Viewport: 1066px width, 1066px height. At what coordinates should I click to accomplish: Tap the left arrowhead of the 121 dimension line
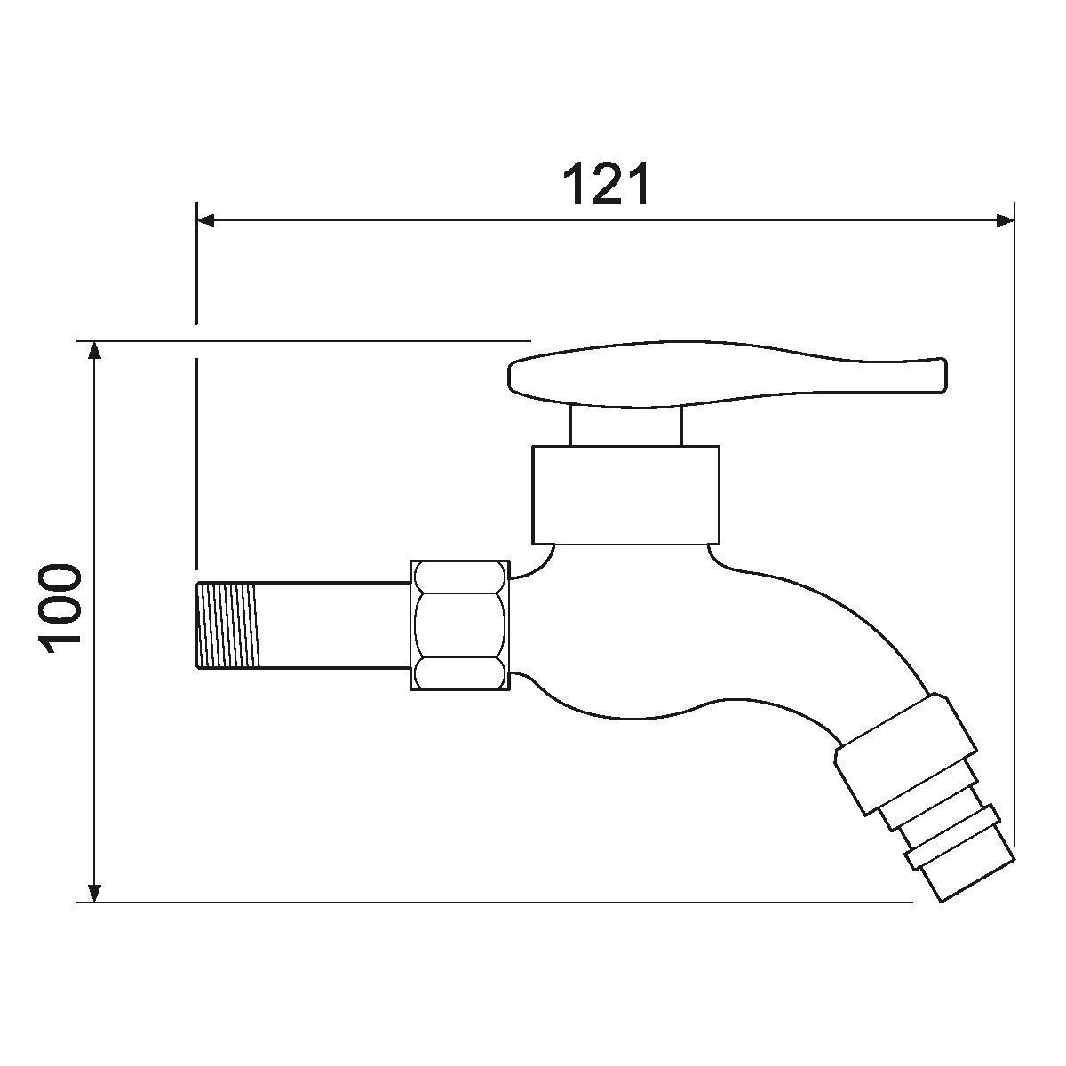point(205,221)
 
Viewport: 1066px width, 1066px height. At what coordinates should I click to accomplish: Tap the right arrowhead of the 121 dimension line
point(1005,221)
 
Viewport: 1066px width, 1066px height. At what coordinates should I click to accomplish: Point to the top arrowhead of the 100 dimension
point(95,350)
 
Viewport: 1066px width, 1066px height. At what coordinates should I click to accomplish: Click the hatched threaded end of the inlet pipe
point(228,625)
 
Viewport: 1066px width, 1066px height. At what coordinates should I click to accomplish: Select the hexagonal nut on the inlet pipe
point(459,625)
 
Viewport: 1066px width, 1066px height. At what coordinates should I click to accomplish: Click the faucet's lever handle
point(727,375)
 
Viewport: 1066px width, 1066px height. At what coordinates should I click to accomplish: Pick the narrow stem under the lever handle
point(625,426)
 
